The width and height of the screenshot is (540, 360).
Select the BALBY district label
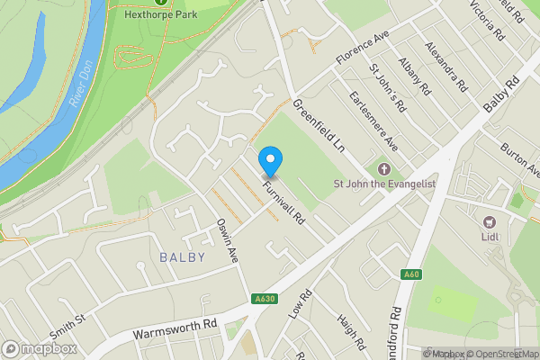(182, 257)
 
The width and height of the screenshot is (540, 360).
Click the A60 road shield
(412, 274)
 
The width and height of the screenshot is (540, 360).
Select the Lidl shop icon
(490, 222)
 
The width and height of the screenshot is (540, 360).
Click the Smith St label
(68, 319)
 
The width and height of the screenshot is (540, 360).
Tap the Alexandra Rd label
(446, 66)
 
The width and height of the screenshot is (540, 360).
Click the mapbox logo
(40, 348)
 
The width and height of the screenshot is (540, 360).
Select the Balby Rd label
(501, 94)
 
